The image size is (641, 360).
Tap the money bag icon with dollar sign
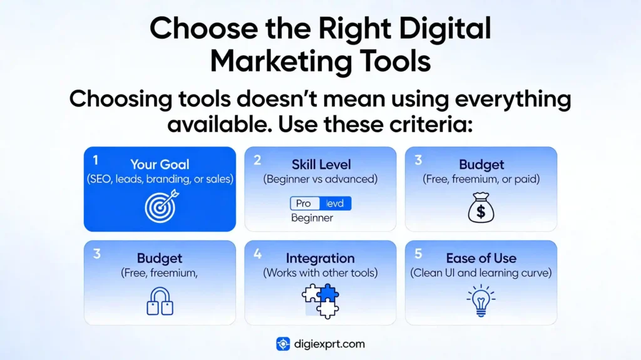coord(481,208)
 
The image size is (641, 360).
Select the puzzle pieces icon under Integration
coord(320,300)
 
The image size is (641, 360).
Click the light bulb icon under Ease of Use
coord(481,300)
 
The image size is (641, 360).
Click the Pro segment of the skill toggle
coord(304,203)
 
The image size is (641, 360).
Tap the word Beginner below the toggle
coord(312,219)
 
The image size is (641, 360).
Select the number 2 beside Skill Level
coord(257,160)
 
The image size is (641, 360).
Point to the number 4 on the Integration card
coord(257,254)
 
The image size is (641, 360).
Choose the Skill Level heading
coord(320,165)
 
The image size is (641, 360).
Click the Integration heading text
coord(320,258)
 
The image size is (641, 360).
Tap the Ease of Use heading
coord(481,258)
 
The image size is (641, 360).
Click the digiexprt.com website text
coord(329,344)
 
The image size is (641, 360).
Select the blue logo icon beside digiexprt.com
coord(283,344)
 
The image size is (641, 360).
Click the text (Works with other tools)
coord(320,273)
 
